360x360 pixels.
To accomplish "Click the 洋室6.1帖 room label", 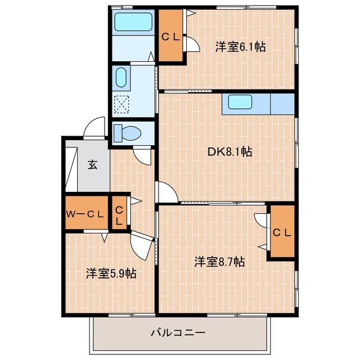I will click(240, 47).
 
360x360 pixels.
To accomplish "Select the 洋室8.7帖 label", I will click(219, 262).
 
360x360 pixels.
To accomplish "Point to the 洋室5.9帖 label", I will click(111, 273).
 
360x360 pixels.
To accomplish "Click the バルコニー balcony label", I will click(178, 332).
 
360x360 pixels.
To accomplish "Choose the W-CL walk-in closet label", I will click(86, 213).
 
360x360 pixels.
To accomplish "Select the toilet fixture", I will click(126, 133).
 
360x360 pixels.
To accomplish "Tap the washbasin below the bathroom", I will click(121, 78).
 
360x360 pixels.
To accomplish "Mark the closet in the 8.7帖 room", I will click(281, 232).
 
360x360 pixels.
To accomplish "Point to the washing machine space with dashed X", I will click(121, 104).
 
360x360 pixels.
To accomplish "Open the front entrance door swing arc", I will click(93, 128).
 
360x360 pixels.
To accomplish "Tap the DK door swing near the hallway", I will click(165, 192).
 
